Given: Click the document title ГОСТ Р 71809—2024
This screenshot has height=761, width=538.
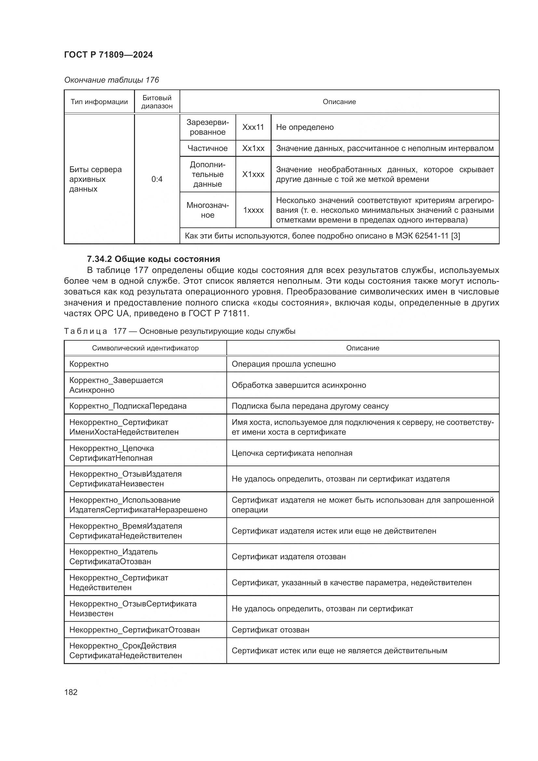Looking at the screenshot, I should (x=108, y=55).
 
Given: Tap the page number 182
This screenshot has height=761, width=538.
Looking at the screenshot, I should (x=71, y=692).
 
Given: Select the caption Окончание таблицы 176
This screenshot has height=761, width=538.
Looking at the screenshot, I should (x=111, y=80).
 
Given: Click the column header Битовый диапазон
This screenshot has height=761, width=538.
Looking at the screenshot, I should (x=157, y=102).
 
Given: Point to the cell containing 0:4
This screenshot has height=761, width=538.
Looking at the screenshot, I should (x=157, y=179).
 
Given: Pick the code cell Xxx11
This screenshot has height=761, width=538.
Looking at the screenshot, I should (x=253, y=127).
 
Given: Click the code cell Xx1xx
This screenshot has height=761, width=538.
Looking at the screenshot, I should (x=253, y=148).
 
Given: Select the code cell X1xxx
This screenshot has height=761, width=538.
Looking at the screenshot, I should (x=253, y=174).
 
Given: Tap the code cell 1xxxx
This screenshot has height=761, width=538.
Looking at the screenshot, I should (x=253, y=210).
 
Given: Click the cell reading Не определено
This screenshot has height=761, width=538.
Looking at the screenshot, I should (x=305, y=127).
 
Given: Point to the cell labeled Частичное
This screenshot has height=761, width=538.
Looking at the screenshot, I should (x=208, y=148).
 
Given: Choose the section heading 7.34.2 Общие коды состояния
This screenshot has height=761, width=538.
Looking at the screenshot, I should (x=154, y=259).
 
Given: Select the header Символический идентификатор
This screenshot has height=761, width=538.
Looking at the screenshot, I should (x=145, y=348).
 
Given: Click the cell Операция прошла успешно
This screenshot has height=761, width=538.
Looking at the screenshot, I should (x=284, y=364).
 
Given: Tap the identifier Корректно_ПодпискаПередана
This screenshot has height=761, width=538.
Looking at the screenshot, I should (x=128, y=406).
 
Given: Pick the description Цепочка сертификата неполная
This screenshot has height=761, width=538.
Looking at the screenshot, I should (x=292, y=453).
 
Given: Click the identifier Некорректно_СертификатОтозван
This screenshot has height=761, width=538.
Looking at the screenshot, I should (x=135, y=630).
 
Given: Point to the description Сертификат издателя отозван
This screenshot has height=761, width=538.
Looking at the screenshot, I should (x=289, y=556).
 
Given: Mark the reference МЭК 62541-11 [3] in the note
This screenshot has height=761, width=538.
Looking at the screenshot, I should (x=427, y=236).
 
